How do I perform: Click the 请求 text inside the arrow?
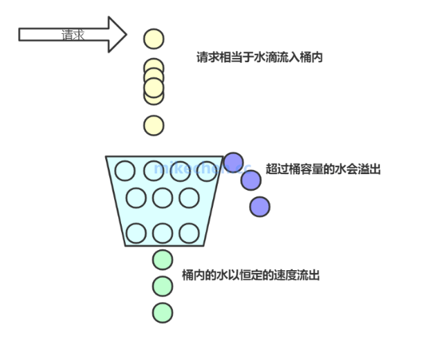(x=73, y=35)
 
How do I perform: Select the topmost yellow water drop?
(x=154, y=39)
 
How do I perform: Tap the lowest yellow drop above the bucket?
(x=154, y=125)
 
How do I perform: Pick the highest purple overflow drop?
(x=234, y=162)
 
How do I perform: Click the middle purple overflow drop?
(x=251, y=180)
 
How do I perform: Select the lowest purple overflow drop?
(x=259, y=205)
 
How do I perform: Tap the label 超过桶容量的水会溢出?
(x=323, y=169)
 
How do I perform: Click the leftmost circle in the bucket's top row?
(x=124, y=170)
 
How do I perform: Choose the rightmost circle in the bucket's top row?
(x=206, y=170)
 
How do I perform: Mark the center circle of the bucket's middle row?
(x=162, y=198)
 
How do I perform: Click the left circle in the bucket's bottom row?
(x=136, y=234)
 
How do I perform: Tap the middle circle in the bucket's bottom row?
(x=163, y=234)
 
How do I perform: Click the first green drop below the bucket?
(x=162, y=260)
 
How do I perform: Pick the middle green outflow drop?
(x=162, y=285)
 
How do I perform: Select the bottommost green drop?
(x=162, y=312)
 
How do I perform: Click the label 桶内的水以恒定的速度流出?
(x=250, y=275)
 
